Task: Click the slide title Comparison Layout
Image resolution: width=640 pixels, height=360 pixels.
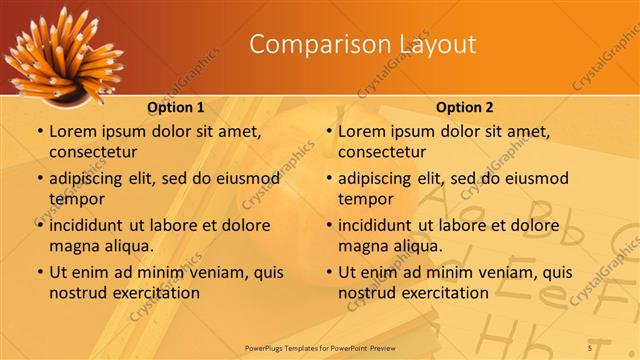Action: tap(362, 44)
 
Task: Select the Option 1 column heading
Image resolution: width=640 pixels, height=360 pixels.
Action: tap(175, 107)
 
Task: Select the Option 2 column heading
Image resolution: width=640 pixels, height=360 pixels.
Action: tap(464, 107)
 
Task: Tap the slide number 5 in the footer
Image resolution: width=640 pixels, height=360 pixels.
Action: tap(590, 347)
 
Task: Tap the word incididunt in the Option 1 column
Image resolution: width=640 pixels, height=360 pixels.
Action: tap(90, 226)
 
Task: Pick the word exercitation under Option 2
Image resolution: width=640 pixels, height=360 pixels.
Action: tap(443, 293)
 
